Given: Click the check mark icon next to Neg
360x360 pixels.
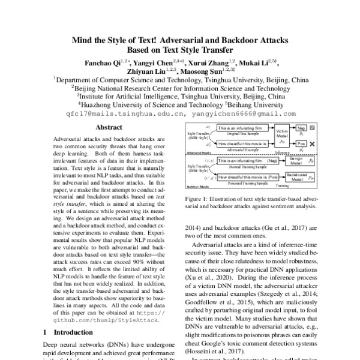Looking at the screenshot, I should (x=319, y=128).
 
